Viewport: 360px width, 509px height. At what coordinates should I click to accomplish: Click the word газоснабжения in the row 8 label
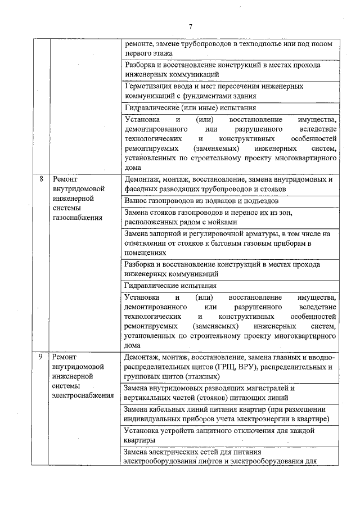[x=76, y=218]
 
